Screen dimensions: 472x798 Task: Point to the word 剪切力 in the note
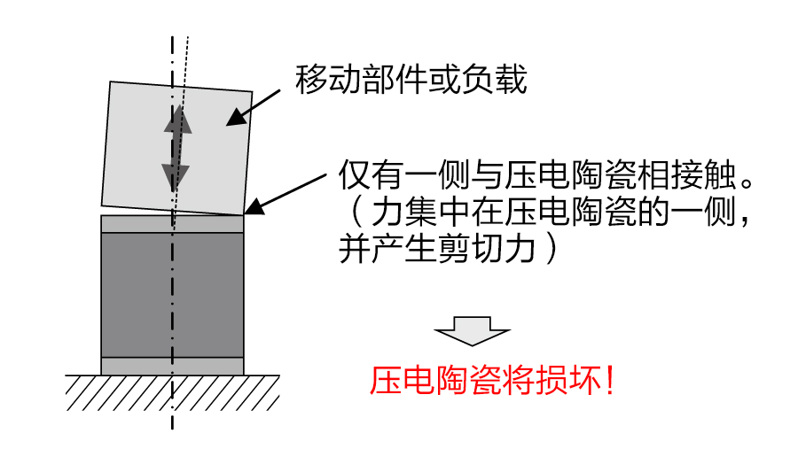click(x=492, y=249)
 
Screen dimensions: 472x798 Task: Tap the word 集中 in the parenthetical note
click(x=432, y=213)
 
